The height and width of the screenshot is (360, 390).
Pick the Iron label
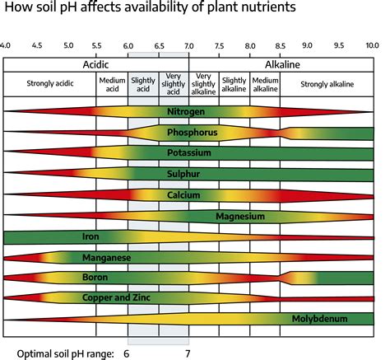91,236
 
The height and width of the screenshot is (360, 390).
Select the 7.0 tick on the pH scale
189,46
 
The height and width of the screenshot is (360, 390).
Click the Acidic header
97,63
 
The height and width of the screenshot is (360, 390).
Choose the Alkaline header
282,63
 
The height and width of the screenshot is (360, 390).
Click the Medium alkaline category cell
265,84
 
